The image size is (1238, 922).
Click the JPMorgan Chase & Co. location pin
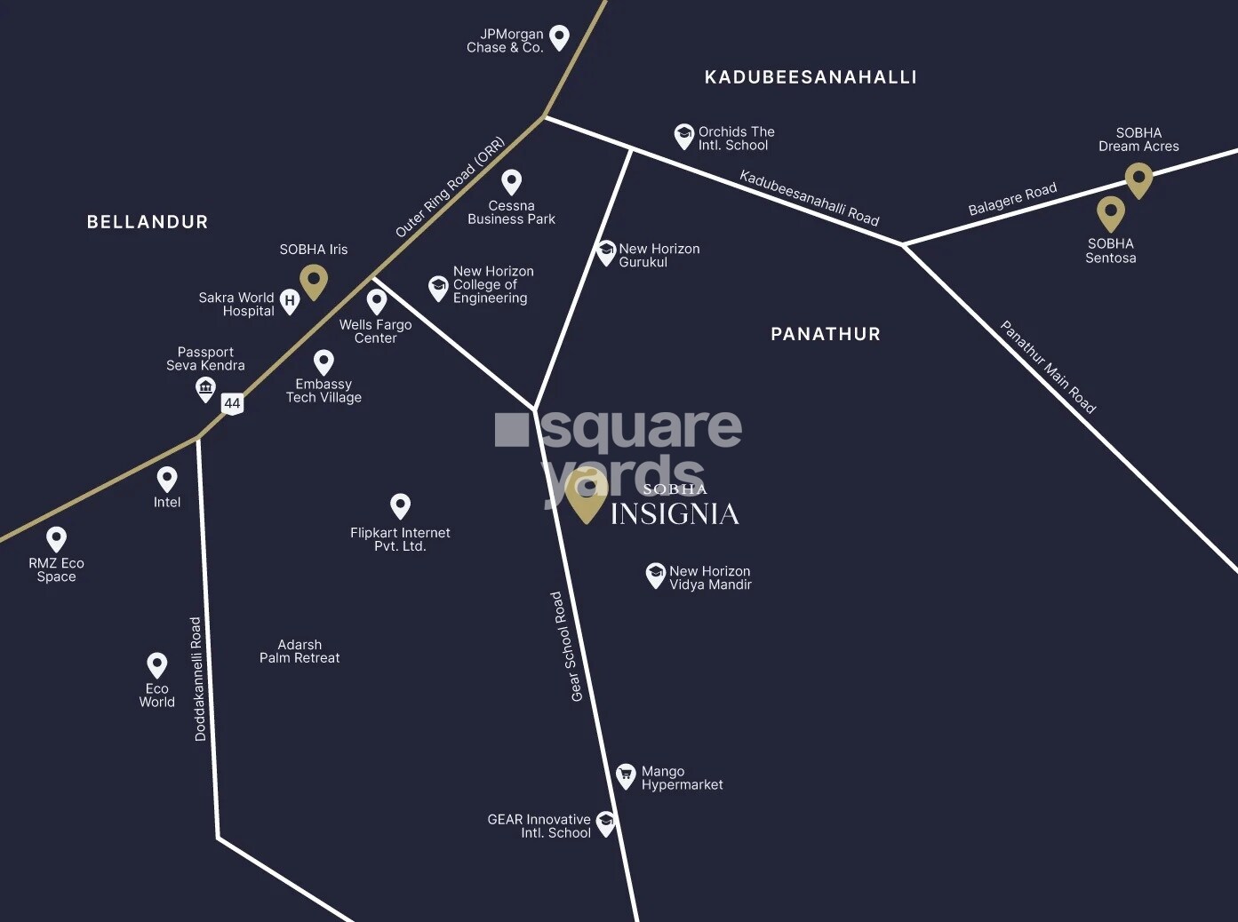559,36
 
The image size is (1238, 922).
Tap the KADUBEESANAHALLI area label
811,77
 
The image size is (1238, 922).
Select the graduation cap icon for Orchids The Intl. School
683,135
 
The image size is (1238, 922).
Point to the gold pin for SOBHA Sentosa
1110,212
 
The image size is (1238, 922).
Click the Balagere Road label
1012,198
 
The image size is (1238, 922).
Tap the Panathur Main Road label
1048,367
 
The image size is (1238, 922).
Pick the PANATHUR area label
826,334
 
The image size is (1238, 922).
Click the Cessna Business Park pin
511,181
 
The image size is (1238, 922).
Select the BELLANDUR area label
148,222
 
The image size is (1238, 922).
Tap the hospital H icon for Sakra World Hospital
290,301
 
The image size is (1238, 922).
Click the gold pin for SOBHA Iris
313,281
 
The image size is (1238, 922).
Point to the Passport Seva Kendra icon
205,388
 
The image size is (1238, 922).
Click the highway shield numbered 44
232,403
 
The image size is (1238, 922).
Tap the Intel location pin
167,479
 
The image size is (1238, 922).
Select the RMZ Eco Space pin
56,538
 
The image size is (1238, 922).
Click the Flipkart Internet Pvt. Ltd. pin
400,505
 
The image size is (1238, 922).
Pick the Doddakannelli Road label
198,679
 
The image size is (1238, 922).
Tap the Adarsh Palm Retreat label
300,651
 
